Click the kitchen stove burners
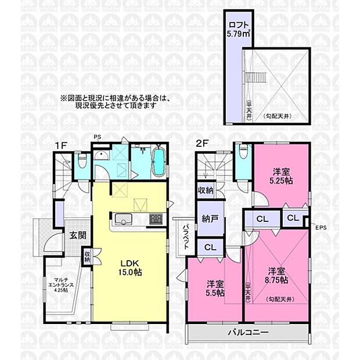point(157,219)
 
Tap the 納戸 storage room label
point(210,220)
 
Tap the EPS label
point(321,227)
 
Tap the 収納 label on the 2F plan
point(205,190)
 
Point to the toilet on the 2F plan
point(243,152)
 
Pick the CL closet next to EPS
point(292,218)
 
